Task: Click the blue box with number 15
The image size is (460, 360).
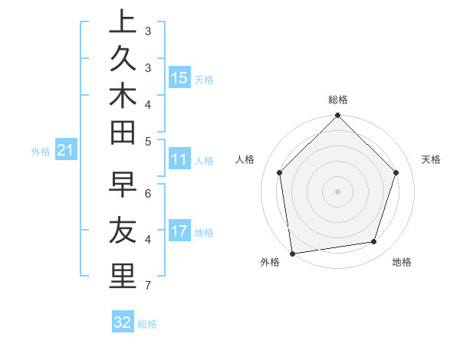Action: (179, 77)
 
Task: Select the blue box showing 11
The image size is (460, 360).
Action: (179, 159)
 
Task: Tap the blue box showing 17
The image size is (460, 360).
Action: (179, 231)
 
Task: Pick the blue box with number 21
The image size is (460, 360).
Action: (65, 151)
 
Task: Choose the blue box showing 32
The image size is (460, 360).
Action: (123, 322)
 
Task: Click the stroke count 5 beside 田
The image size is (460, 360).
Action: (148, 142)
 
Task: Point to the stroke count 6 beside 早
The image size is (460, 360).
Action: (148, 193)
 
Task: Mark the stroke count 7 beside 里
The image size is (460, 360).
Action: (148, 286)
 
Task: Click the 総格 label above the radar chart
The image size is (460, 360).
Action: (338, 100)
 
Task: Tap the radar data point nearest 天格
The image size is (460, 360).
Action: (396, 172)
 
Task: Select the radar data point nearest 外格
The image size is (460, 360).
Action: (292, 254)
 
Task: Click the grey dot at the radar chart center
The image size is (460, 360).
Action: (338, 191)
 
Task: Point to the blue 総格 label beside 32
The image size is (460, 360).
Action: (147, 324)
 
